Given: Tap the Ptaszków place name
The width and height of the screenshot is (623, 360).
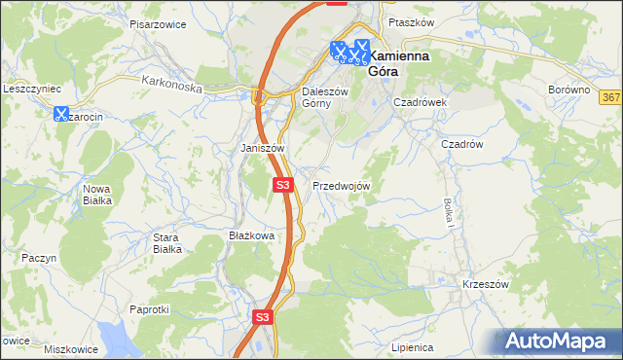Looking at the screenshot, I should (409, 21).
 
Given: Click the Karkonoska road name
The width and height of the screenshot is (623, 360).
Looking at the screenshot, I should (170, 86).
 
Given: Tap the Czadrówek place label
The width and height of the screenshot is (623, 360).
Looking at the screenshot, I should (419, 101).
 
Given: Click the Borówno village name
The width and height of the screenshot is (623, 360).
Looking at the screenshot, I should (569, 90).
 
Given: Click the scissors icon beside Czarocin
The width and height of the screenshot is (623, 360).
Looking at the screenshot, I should (60, 114).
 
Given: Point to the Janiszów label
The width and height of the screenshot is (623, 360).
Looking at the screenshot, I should (262, 148).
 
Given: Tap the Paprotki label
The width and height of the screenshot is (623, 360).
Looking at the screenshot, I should (150, 309).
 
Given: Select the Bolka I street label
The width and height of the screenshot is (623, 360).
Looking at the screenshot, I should (449, 212).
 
